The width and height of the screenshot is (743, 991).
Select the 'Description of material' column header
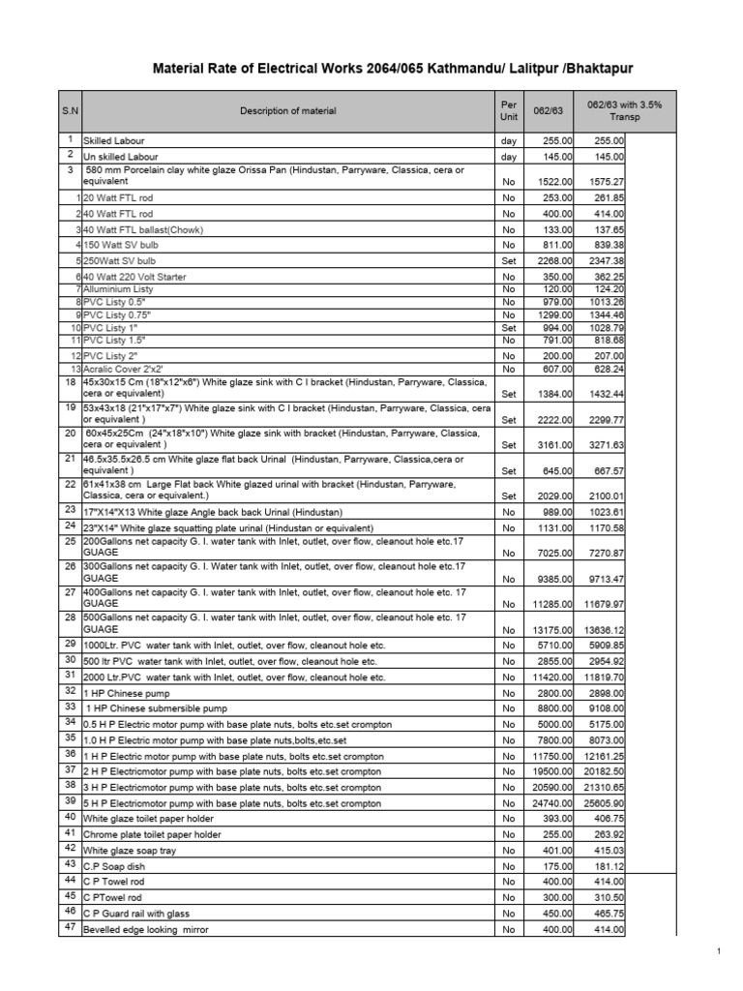coord(288,111)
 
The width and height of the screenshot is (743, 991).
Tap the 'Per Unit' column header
coord(509,111)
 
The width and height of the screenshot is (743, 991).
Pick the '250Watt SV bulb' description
coord(121,260)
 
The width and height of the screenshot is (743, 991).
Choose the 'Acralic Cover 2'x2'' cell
coord(123,369)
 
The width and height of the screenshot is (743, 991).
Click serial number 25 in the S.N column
coord(70,542)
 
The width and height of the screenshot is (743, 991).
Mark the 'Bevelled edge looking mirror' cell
coord(145,930)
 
